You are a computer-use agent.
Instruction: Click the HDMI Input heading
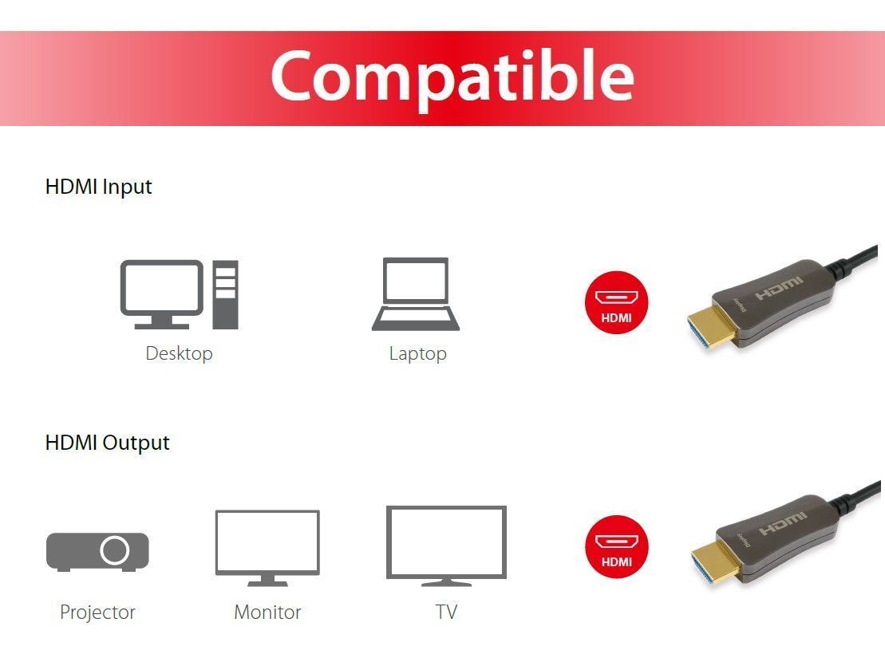pos(98,187)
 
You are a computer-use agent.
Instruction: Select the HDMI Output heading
pos(107,443)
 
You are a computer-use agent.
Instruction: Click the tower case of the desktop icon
pos(225,294)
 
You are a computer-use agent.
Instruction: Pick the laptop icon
pos(416,293)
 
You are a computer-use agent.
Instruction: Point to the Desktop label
pos(179,353)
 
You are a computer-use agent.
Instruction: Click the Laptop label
pos(417,353)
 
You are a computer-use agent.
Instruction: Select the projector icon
pos(97,551)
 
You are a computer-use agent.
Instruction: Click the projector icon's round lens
pos(115,550)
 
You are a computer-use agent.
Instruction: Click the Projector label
pos(97,613)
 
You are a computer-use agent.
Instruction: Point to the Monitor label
pos(267,613)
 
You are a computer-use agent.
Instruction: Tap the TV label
pos(446,613)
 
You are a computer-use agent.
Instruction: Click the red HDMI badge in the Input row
pos(617,303)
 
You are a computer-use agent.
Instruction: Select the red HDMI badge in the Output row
pos(617,546)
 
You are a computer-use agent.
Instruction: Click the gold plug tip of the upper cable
pos(710,329)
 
